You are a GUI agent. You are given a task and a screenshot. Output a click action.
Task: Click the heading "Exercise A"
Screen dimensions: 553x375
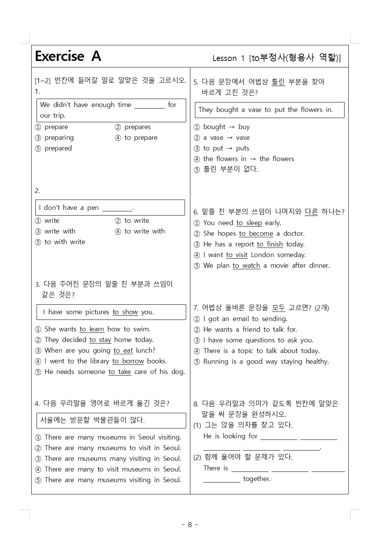[x=68, y=56]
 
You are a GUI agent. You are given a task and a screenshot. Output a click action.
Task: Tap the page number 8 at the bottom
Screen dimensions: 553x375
[x=190, y=525]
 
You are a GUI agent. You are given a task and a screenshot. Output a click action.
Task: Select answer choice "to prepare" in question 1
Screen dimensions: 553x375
[x=140, y=137]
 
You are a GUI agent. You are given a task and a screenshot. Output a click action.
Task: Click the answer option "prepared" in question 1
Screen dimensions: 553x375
[x=58, y=148]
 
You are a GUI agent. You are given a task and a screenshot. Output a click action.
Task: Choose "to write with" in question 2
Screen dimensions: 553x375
[x=144, y=231]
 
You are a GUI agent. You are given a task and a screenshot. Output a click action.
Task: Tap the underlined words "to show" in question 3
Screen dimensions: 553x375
[x=125, y=312]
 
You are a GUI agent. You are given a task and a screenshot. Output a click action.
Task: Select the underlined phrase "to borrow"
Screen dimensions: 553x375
[x=128, y=361]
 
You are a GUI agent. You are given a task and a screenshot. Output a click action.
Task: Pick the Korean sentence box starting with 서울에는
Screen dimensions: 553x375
[x=111, y=420]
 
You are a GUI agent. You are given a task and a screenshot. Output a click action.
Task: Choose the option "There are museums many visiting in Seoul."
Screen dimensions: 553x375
[x=113, y=459]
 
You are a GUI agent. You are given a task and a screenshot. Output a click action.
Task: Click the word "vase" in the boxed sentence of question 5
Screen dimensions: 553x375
[x=255, y=110]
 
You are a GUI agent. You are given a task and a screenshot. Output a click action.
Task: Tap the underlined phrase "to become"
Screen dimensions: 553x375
[x=256, y=233]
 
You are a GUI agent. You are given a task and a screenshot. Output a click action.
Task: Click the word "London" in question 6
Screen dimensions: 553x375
[x=262, y=255]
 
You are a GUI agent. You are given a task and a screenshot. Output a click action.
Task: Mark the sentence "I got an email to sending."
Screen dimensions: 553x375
[x=245, y=319]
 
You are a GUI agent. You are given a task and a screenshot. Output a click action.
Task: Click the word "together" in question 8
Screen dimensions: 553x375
[x=257, y=479]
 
